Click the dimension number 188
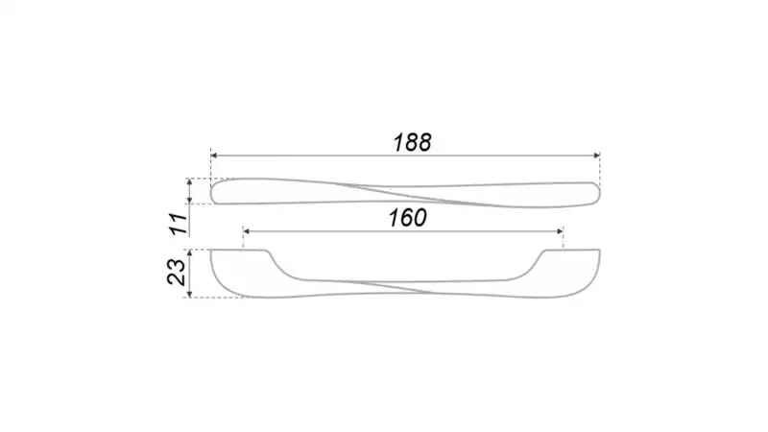tap(412, 142)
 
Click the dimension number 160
tap(407, 218)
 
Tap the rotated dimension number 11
tap(180, 224)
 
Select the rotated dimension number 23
tap(177, 272)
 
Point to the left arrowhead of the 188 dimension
tap(213, 156)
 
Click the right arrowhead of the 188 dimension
tap(596, 156)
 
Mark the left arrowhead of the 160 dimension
tap(247, 231)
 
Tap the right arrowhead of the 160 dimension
tap(560, 231)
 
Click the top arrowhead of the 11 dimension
tap(190, 181)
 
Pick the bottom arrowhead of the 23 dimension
tap(190, 294)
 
